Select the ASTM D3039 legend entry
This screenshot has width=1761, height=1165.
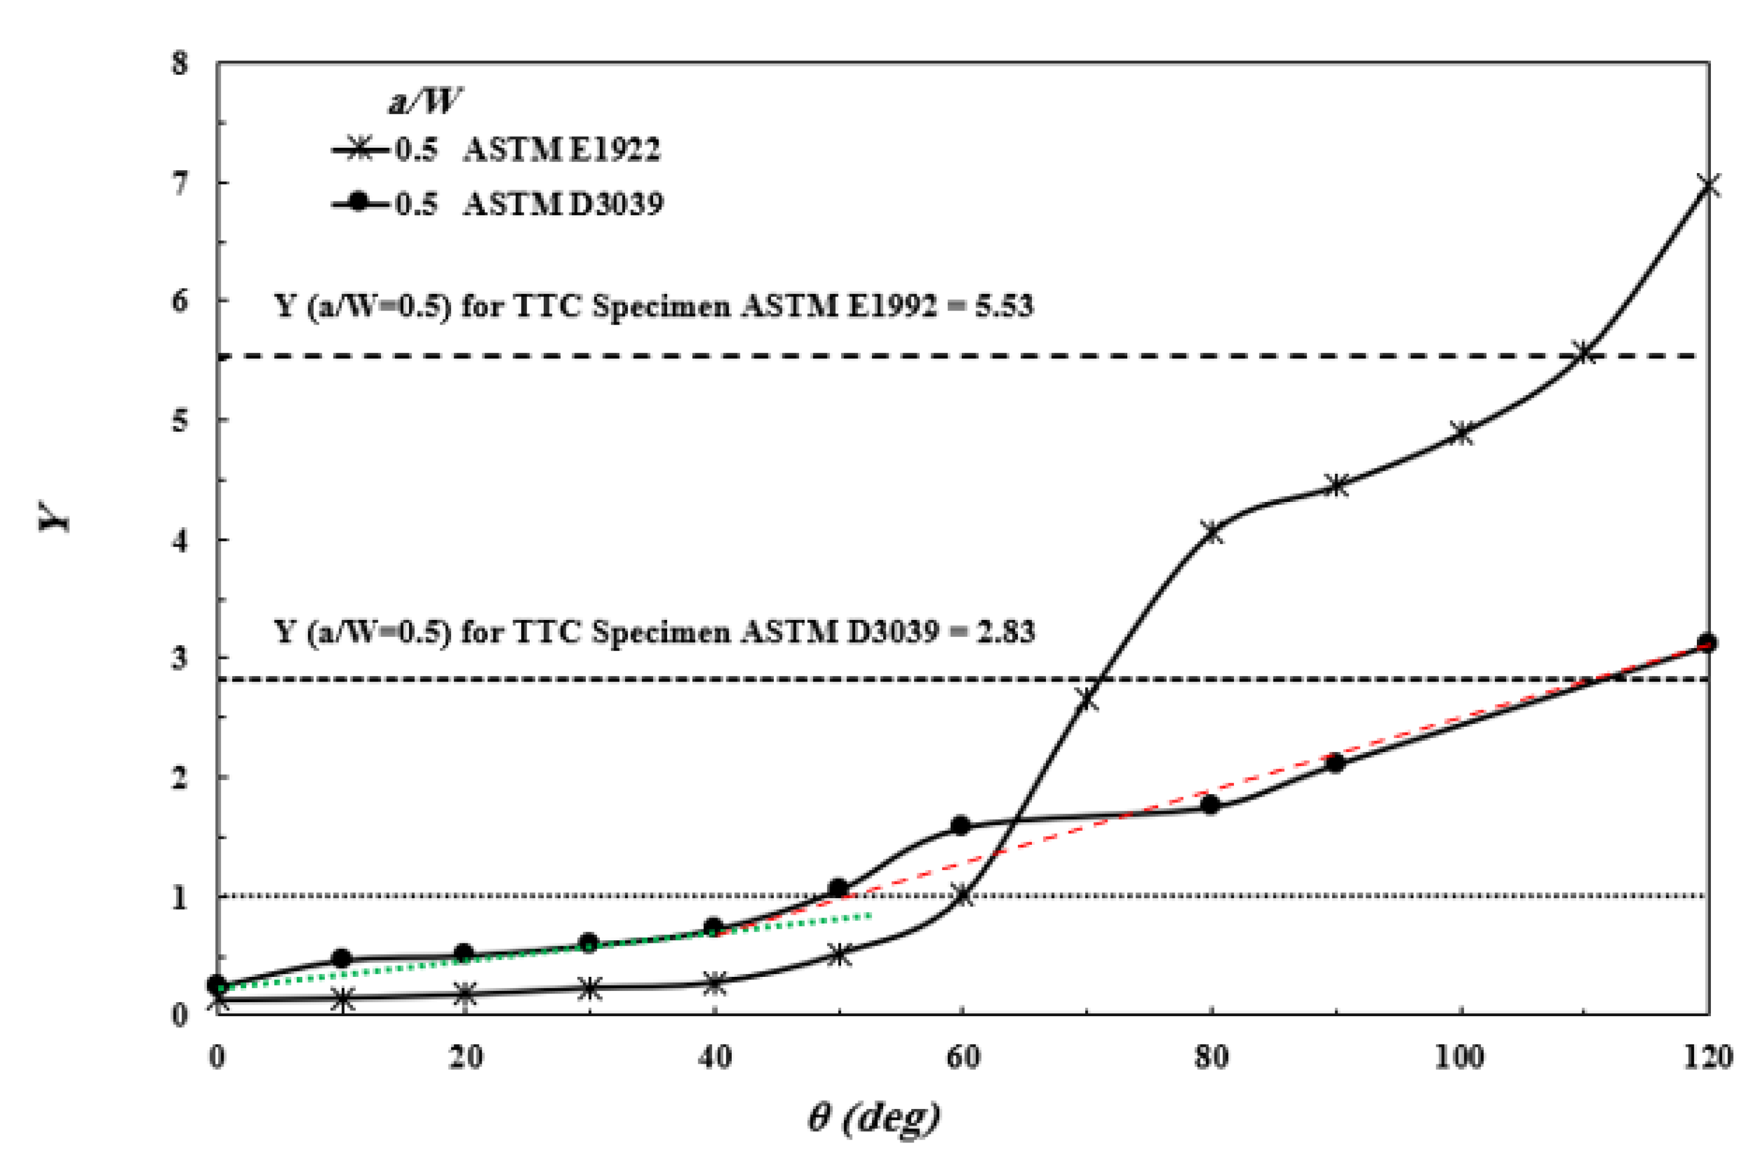[497, 203]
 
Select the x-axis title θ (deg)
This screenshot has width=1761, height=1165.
[874, 1116]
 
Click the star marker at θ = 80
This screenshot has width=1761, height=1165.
[1211, 532]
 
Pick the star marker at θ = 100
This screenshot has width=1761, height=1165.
[1461, 434]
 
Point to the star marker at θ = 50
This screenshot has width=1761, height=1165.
[838, 955]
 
